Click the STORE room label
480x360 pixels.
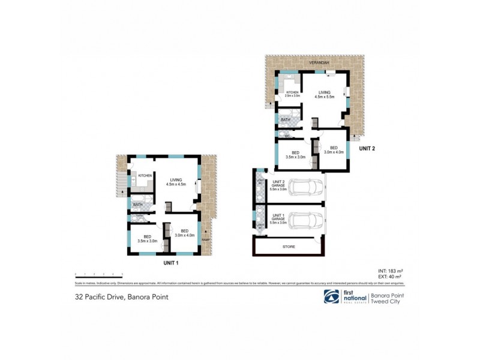(x=289, y=247)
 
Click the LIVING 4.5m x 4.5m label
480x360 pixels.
(x=176, y=182)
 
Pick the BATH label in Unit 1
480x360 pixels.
(x=137, y=205)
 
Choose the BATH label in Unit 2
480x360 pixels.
(x=285, y=120)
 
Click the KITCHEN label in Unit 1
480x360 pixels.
(x=145, y=175)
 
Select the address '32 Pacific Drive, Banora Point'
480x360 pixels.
(x=116, y=296)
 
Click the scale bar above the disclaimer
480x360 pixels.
(x=98, y=274)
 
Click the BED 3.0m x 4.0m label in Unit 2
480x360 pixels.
(x=334, y=150)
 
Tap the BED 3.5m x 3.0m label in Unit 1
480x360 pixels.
(x=147, y=238)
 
